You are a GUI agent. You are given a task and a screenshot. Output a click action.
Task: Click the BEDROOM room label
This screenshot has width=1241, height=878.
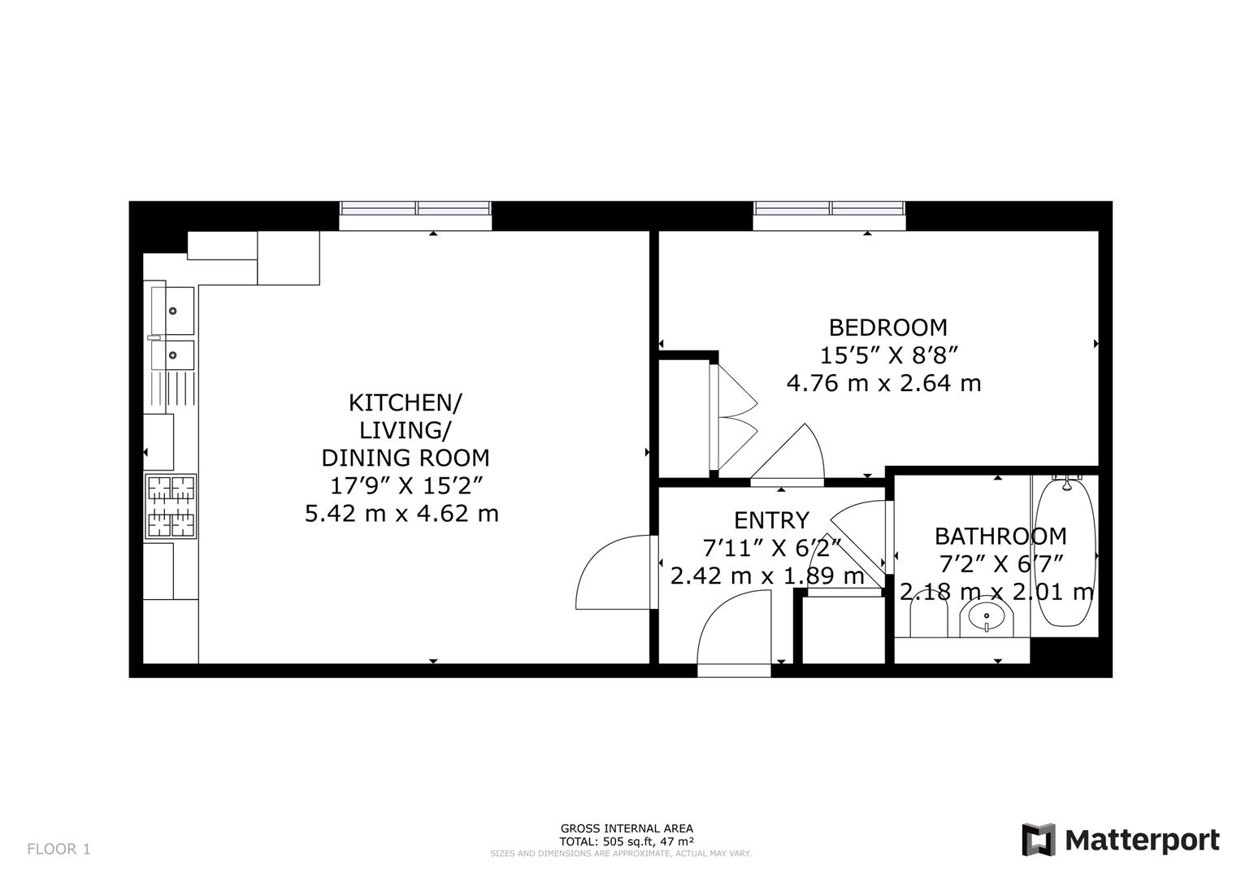tap(888, 328)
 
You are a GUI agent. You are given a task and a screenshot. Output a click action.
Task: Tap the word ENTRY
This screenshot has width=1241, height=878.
tap(771, 520)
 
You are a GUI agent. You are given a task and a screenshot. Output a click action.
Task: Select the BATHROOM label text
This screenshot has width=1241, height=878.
tap(1000, 537)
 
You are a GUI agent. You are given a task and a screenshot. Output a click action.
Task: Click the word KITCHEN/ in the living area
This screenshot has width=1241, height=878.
tap(405, 403)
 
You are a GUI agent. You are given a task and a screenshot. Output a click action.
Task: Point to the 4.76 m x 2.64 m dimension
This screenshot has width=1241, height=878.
tap(883, 384)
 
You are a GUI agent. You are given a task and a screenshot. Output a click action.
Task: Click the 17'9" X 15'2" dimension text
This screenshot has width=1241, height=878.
tap(407, 486)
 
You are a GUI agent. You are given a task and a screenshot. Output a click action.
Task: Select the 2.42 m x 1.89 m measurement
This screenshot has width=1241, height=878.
tap(767, 576)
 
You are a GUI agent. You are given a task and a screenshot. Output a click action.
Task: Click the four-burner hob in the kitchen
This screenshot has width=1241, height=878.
tap(171, 506)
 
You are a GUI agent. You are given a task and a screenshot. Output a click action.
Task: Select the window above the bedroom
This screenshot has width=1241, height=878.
tap(829, 215)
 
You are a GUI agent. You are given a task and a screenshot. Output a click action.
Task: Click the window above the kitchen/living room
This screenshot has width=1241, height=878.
tap(415, 215)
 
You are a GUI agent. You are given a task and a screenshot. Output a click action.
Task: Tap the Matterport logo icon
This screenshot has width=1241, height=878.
tap(1039, 840)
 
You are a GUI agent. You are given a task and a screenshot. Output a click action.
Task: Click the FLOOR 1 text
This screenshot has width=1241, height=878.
tap(59, 850)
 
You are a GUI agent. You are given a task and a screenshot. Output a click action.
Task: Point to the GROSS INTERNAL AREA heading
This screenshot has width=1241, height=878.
tap(627, 828)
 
